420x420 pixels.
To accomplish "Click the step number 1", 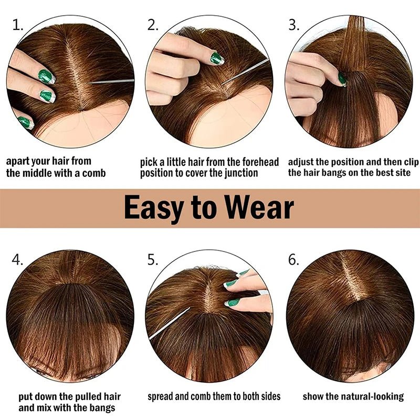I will [x=18, y=25].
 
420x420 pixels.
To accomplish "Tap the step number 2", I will [x=153, y=25].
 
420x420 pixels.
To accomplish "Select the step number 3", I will [x=294, y=25].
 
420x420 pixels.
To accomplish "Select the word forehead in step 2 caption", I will [x=256, y=162].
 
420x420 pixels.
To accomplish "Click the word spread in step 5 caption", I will [x=162, y=396].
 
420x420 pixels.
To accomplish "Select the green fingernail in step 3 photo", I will [x=342, y=79].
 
